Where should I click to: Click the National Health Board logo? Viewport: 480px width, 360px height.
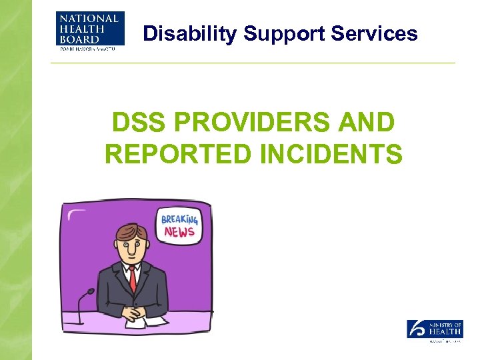pyautogui.click(x=90, y=32)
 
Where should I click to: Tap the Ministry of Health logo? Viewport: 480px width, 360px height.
pyautogui.click(x=435, y=330)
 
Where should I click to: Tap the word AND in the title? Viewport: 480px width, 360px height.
pyautogui.click(x=369, y=123)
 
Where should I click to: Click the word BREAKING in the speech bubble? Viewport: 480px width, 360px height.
pyautogui.click(x=179, y=219)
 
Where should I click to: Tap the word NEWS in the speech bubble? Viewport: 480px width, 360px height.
pyautogui.click(x=179, y=232)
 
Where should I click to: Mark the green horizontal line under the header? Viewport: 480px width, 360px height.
pyautogui.click(x=253, y=63)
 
